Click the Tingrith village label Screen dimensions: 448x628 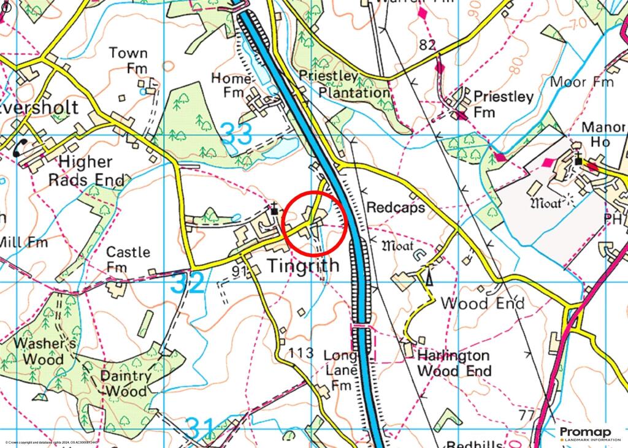(x=303, y=266)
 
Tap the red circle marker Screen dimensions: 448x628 (x=316, y=223)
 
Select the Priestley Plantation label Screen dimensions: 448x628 (x=345, y=84)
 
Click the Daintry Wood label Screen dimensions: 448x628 (x=126, y=384)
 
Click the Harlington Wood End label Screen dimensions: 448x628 (x=454, y=363)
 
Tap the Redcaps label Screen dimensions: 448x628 (x=396, y=208)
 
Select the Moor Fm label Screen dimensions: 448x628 (x=582, y=82)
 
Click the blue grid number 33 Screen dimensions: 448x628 (x=236, y=135)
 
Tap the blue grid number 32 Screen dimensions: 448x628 (x=187, y=283)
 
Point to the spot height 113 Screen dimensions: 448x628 (x=301, y=353)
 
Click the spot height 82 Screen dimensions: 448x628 (x=428, y=45)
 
